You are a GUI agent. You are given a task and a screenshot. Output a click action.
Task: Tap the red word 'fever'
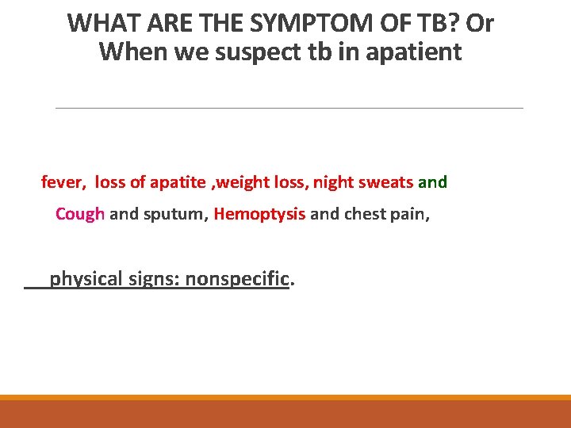(61, 182)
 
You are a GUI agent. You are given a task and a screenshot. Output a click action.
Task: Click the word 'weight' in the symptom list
(240, 182)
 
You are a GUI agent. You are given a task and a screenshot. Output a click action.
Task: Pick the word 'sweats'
(386, 182)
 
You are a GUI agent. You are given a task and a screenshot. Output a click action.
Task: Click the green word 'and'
(432, 182)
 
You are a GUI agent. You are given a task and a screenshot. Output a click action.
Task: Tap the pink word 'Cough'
(80, 214)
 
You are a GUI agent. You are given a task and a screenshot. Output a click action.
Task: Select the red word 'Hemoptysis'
(259, 214)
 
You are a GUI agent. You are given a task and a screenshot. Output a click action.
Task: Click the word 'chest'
(365, 214)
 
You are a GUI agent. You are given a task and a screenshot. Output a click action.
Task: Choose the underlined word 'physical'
(86, 279)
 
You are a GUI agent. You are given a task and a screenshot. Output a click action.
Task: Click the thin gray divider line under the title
(289, 108)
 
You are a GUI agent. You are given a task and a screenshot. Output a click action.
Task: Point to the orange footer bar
(285, 412)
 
